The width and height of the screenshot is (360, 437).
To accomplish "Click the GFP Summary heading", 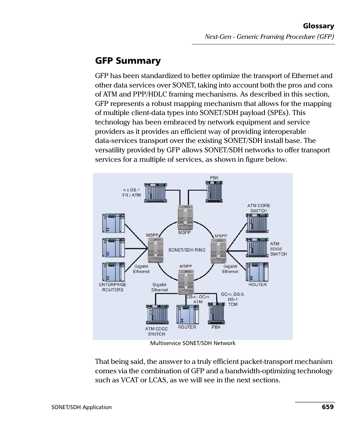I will (x=128, y=61).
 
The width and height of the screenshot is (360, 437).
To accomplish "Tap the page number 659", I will (x=328, y=407).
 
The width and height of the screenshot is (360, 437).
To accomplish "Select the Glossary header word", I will (x=318, y=26).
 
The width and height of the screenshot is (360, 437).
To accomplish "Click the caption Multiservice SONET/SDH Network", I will (x=192, y=343).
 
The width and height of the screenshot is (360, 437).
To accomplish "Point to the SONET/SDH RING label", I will (x=187, y=250).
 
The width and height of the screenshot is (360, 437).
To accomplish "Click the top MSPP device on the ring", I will (x=185, y=218).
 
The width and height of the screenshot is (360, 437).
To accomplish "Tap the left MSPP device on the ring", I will (x=155, y=251).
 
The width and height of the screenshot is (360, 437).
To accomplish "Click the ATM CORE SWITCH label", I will (x=258, y=208).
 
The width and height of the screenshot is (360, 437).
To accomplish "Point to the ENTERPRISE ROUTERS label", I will (x=113, y=287).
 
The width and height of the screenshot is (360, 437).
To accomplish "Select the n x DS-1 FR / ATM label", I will (x=132, y=193).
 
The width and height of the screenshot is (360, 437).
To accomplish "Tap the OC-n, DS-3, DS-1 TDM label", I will (x=233, y=299).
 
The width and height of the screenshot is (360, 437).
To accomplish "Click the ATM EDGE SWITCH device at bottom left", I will (x=157, y=315).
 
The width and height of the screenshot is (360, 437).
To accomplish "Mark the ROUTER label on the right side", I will (x=257, y=285).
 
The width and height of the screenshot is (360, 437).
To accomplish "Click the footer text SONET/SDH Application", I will (x=82, y=407).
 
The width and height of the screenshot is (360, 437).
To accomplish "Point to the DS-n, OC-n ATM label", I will (x=198, y=299).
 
